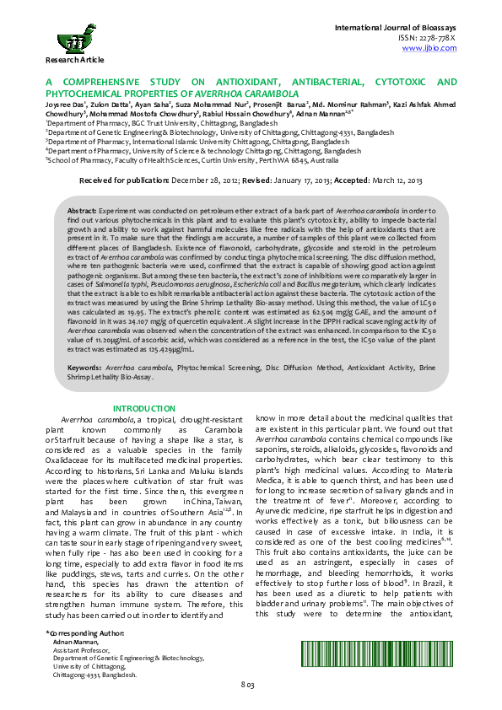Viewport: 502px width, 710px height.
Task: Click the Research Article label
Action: (x=75, y=60)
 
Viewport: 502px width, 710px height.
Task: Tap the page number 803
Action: (x=248, y=684)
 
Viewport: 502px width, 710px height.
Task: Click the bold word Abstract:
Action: (x=81, y=207)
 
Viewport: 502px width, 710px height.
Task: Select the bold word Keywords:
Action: (x=85, y=368)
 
